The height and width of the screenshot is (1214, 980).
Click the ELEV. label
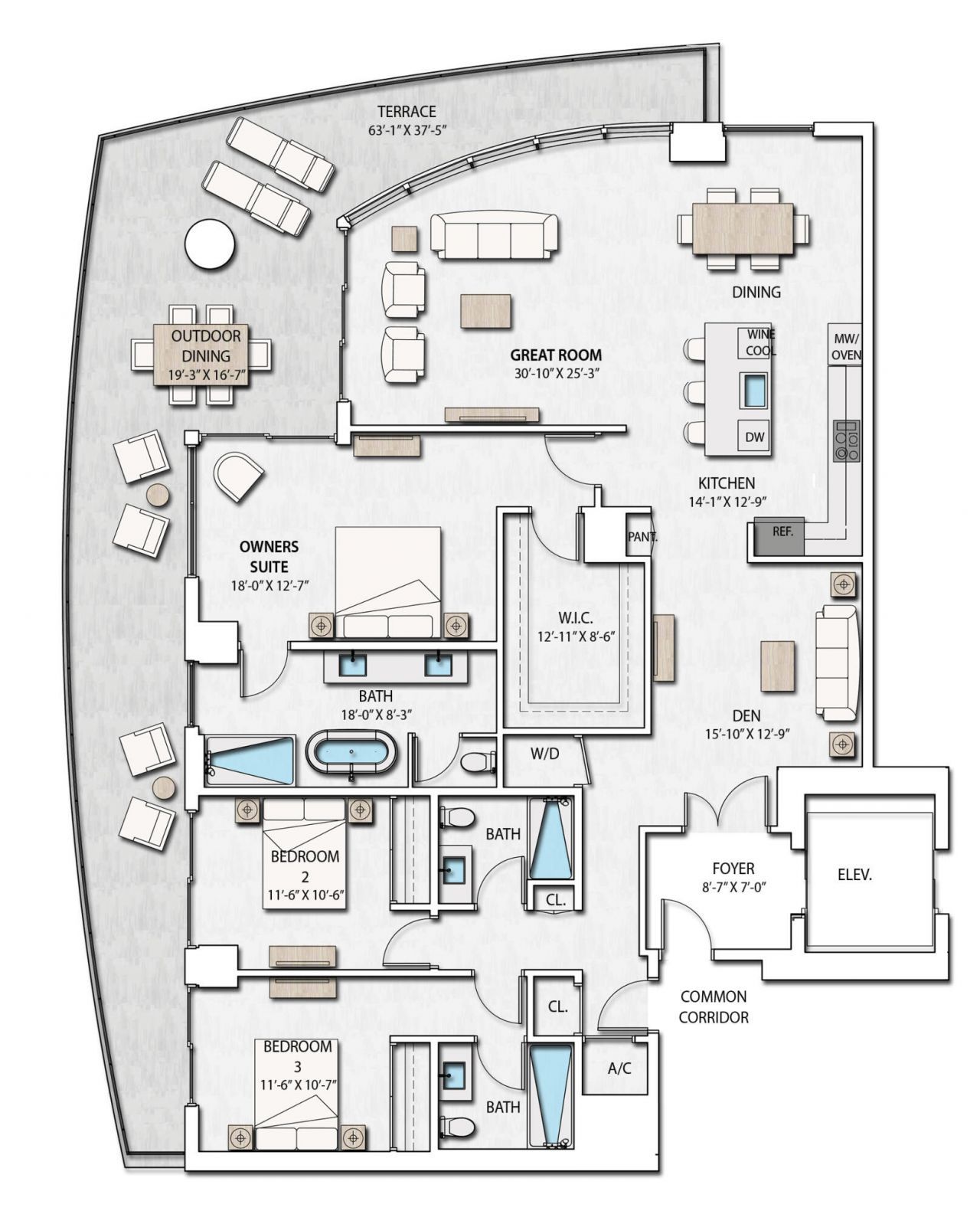[x=854, y=873]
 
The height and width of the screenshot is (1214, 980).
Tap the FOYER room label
[x=733, y=869]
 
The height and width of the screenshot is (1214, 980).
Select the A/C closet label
[x=619, y=1068]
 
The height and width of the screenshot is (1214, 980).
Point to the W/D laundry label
[x=544, y=754]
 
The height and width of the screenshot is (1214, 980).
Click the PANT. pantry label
[x=642, y=537]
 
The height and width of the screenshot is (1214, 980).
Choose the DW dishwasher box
[x=754, y=437]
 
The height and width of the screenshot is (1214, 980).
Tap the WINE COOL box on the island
[x=755, y=342]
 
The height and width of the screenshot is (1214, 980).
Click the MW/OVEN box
[x=846, y=346]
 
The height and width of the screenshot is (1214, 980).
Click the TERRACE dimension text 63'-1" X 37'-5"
[x=407, y=131]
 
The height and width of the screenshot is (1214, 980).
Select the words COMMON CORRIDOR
[x=713, y=1006]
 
